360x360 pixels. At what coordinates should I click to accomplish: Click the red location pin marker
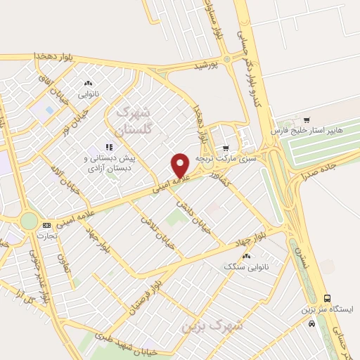[181, 165]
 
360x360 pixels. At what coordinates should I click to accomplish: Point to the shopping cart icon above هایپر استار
[307, 119]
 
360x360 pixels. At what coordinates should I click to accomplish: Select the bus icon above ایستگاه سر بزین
[327, 298]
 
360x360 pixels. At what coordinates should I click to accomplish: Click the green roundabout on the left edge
[29, 220]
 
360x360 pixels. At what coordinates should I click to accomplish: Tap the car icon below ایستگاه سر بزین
[311, 324]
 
